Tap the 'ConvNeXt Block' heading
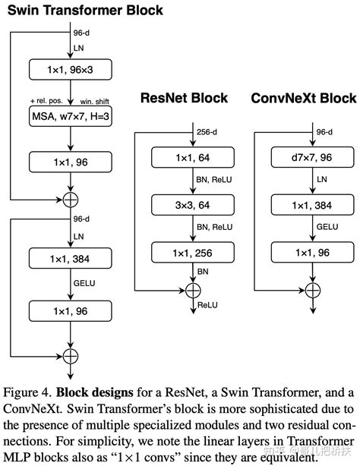[x=303, y=99]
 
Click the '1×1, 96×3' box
[x=70, y=71]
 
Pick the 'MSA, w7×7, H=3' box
[x=70, y=118]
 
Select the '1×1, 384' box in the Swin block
[x=70, y=260]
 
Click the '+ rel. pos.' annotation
[x=46, y=99]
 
